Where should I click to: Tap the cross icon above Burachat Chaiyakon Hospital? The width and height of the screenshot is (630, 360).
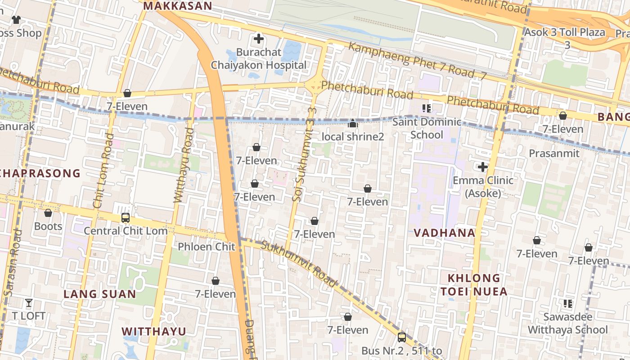(x=259, y=39)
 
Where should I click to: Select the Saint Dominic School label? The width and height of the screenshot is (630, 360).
(x=427, y=128)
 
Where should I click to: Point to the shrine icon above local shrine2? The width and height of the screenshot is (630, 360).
(x=353, y=123)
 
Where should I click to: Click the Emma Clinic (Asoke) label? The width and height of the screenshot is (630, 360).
(x=483, y=187)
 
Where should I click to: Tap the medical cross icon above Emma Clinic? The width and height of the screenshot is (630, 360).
(x=483, y=167)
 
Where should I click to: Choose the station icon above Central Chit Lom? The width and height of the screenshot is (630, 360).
(x=126, y=218)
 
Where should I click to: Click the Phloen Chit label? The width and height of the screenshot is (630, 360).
(x=207, y=247)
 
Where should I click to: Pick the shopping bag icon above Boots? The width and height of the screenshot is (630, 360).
(x=48, y=213)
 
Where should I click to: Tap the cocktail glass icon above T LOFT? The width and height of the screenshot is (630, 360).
(x=29, y=303)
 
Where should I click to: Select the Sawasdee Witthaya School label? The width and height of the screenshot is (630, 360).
(x=567, y=323)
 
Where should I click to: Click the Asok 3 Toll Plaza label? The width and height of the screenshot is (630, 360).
(x=565, y=38)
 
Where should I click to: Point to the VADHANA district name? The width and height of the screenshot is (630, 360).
(x=444, y=233)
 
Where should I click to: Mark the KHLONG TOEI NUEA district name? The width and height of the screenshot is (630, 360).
(x=474, y=284)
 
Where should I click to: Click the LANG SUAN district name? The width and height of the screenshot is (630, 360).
(x=99, y=294)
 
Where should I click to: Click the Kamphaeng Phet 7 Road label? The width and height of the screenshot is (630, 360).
(x=416, y=62)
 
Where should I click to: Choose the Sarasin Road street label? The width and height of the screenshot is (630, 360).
(x=12, y=263)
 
